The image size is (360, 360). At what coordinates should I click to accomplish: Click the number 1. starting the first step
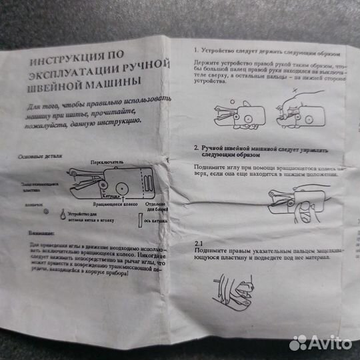pyautogui.click(x=196, y=51)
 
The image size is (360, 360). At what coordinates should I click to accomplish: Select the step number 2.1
pyautogui.click(x=198, y=245)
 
